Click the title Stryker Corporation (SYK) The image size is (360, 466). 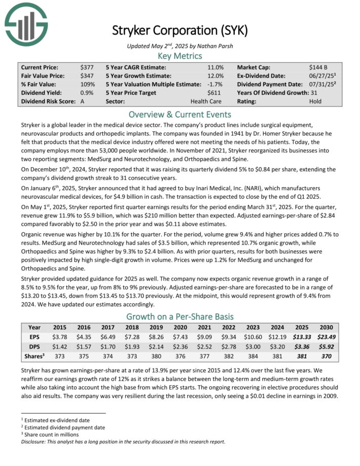(x=180, y=30)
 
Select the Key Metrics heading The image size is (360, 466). (x=180, y=56)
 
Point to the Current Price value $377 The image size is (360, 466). (x=87, y=67)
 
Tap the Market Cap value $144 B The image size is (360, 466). (x=318, y=67)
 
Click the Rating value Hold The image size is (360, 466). (x=315, y=101)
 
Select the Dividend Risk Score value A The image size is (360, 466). (x=83, y=101)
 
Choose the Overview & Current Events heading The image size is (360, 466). (x=180, y=115)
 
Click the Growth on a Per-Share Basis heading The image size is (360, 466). (x=180, y=316)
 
